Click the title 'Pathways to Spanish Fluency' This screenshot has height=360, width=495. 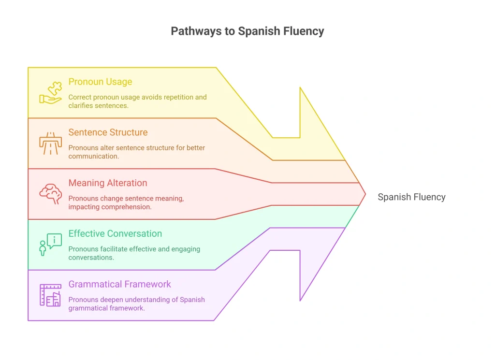point(247,31)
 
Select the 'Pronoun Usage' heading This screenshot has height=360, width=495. point(100,82)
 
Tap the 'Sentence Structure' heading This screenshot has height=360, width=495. point(108,132)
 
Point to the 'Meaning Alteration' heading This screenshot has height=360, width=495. point(108,183)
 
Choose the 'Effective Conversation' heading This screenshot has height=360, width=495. point(115,233)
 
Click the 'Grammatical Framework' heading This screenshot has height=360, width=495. point(120,284)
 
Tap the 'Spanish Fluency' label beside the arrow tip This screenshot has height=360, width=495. point(412,197)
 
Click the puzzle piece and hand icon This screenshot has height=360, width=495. point(50,93)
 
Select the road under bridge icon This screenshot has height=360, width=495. point(50,143)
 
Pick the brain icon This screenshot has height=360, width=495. point(50,194)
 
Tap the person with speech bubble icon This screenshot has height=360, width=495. point(50,245)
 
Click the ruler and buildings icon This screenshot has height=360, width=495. point(50,295)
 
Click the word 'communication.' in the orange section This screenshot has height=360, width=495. point(94,156)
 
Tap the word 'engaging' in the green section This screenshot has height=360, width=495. point(186,249)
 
